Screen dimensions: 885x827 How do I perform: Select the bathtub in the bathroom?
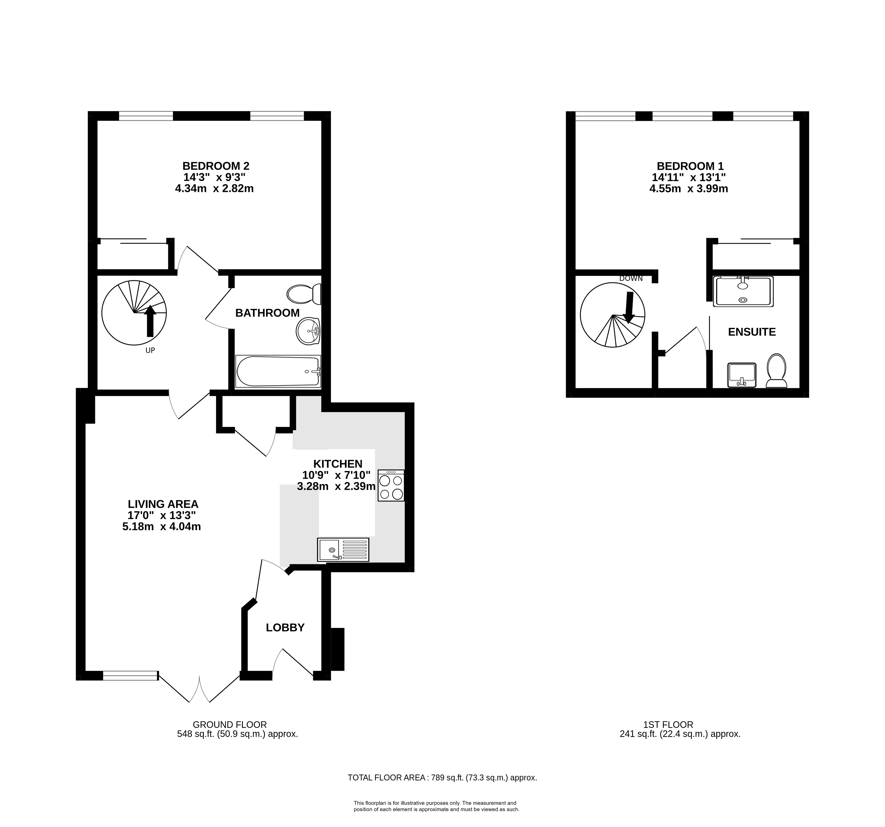pos(278,371)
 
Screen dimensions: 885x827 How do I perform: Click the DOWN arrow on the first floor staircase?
pos(629,307)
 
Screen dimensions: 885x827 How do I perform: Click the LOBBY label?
pos(285,628)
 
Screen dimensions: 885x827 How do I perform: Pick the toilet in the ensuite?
pos(776,370)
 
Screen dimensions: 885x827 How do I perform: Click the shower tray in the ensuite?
pos(743,292)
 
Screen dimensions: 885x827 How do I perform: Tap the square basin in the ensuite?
pos(742,375)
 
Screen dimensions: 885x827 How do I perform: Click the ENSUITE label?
pos(752,332)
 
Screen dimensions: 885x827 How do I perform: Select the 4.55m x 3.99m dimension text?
pos(689,189)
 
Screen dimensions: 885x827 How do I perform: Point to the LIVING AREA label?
pos(163,504)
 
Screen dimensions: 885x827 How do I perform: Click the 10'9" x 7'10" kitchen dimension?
pos(337,475)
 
